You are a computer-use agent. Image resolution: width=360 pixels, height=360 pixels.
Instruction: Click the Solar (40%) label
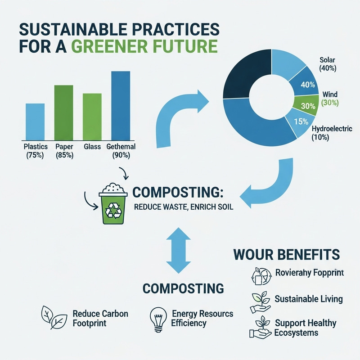[331, 64]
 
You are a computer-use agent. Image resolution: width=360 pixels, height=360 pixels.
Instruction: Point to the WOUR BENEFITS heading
[286, 254]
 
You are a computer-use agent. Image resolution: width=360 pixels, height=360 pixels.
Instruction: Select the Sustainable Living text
[308, 299]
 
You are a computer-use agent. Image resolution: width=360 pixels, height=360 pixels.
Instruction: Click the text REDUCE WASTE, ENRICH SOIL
[181, 208]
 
